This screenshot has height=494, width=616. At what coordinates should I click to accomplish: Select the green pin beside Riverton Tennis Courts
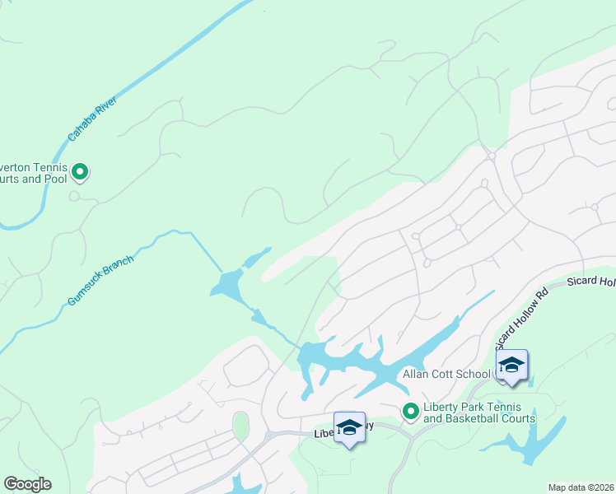point(80,172)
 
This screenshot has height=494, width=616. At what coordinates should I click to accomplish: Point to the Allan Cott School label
point(446,374)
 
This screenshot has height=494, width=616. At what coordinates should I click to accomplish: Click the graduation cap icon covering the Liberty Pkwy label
point(349,428)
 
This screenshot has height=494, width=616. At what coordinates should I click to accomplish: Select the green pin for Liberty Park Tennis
point(409,409)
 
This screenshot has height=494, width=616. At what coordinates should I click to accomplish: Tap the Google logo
point(27,483)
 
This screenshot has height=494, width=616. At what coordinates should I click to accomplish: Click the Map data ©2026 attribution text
point(581,487)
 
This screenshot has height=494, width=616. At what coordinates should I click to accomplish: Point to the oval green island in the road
point(240,426)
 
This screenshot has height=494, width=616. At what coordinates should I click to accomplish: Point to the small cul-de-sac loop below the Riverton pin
point(74,196)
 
